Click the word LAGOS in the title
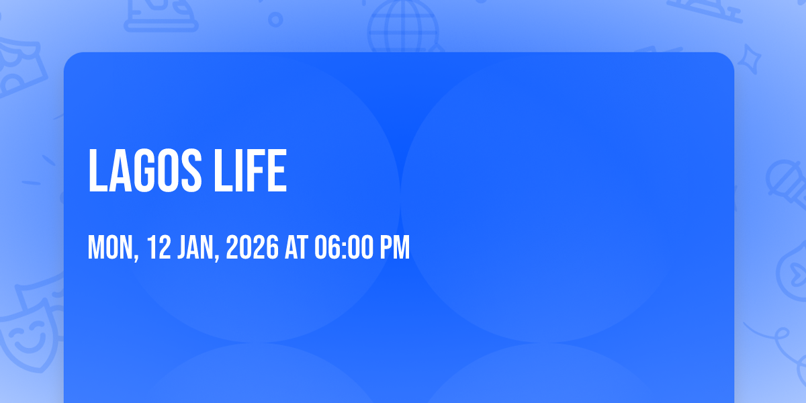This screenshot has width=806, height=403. coord(145,171)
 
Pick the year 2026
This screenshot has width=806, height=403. coord(252,249)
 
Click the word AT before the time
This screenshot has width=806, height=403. coord(296,249)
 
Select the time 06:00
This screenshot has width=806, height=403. coord(343,249)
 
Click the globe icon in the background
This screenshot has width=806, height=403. coord(402,27)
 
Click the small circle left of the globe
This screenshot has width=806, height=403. coord(275,19)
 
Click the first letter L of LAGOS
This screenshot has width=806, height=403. coord(97,171)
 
